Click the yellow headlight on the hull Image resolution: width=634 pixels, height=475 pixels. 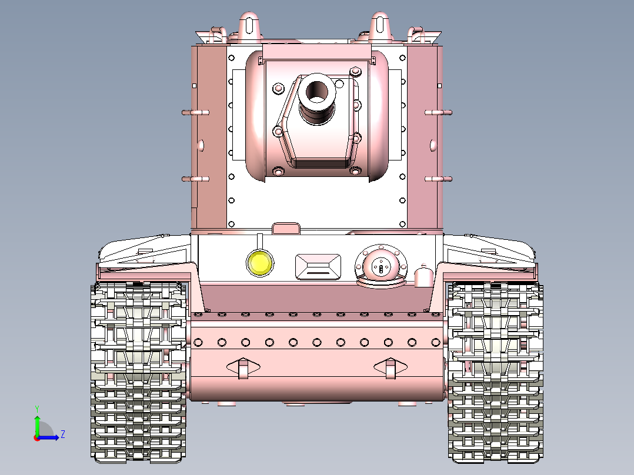(x=261, y=263)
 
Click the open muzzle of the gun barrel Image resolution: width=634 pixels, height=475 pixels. (x=318, y=91)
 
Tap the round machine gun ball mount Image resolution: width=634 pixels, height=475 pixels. (x=381, y=266)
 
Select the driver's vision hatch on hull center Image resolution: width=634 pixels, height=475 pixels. (x=318, y=266)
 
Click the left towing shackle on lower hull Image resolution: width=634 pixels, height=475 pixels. (x=243, y=368)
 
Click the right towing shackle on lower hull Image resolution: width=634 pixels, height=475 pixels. (x=391, y=368)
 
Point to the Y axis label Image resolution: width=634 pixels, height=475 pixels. (x=36, y=408)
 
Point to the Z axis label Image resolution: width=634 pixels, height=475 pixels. (x=62, y=434)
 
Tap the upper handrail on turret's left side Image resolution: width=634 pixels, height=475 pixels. (x=195, y=112)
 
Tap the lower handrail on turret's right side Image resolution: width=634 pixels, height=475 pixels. (x=439, y=179)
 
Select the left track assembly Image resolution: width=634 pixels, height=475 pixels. (x=139, y=370)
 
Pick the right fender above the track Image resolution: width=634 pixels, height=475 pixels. (x=491, y=250)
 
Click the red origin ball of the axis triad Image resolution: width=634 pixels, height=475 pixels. (x=37, y=437)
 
